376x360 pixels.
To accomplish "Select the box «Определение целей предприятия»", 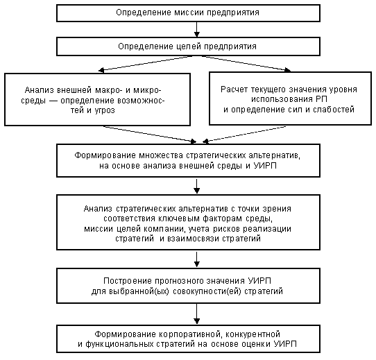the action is [x=188, y=46].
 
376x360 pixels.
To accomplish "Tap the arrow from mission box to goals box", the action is [x=196, y=30].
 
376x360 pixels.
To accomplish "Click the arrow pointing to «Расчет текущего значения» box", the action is [x=246, y=64].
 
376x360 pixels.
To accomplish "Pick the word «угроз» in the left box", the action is [x=105, y=110].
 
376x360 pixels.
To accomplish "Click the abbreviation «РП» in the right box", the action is [x=321, y=99].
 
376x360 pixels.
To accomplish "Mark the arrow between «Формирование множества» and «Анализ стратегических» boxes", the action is [x=196, y=186].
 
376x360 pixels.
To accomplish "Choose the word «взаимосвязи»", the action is [x=194, y=239].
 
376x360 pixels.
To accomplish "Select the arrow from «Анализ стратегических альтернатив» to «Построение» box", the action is [x=196, y=259].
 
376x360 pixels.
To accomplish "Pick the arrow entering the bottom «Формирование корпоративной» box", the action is [x=196, y=314].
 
